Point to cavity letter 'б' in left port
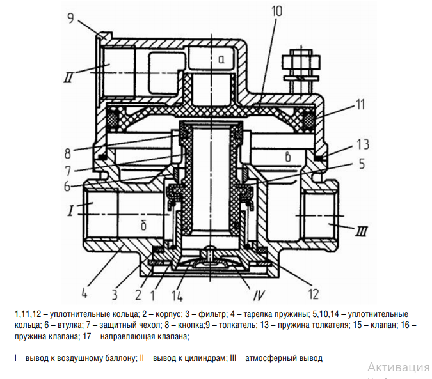tap(145, 226)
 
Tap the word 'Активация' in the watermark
tap(398, 367)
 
